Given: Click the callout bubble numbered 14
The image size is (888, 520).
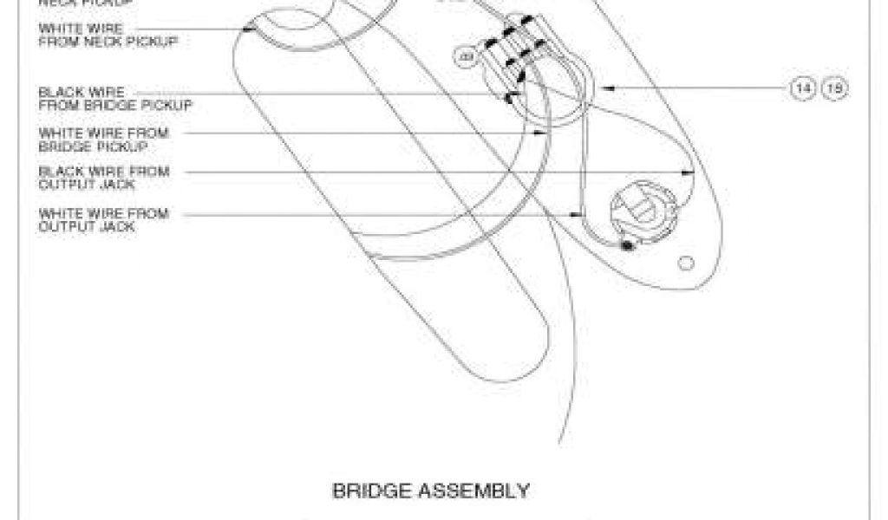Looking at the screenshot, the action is [801, 88].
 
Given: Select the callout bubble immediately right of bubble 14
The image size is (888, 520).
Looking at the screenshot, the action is [834, 88].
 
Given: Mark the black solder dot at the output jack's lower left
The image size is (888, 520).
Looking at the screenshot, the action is [626, 246].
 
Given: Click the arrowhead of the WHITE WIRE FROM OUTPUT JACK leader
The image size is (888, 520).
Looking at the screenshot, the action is [577, 213].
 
